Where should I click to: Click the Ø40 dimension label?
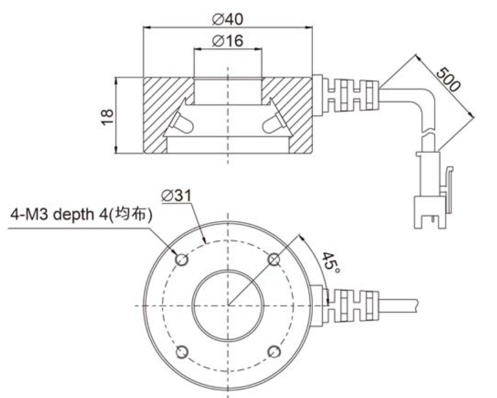tap(228, 20)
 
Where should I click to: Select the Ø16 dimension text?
tap(228, 41)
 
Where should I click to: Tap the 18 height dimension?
tap(107, 116)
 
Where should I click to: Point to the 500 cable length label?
tap(448, 79)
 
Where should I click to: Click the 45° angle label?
tap(331, 263)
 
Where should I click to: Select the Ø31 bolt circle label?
tap(176, 196)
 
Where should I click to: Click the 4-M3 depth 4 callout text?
tap(81, 215)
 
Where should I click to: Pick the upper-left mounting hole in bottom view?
tap(182, 260)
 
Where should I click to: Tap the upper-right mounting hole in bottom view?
tap(274, 260)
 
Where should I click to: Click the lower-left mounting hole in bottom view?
tap(182, 352)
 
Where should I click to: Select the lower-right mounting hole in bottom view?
tap(274, 352)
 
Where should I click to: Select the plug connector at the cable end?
tap(433, 190)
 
